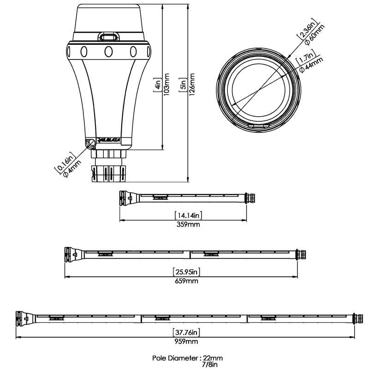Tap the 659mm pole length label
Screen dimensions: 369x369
coord(187,281)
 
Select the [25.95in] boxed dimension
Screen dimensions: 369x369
coord(187,272)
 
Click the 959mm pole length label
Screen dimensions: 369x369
coord(186,342)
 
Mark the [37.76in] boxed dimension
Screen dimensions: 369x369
coord(186,332)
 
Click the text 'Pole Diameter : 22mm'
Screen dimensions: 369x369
coord(188,357)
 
